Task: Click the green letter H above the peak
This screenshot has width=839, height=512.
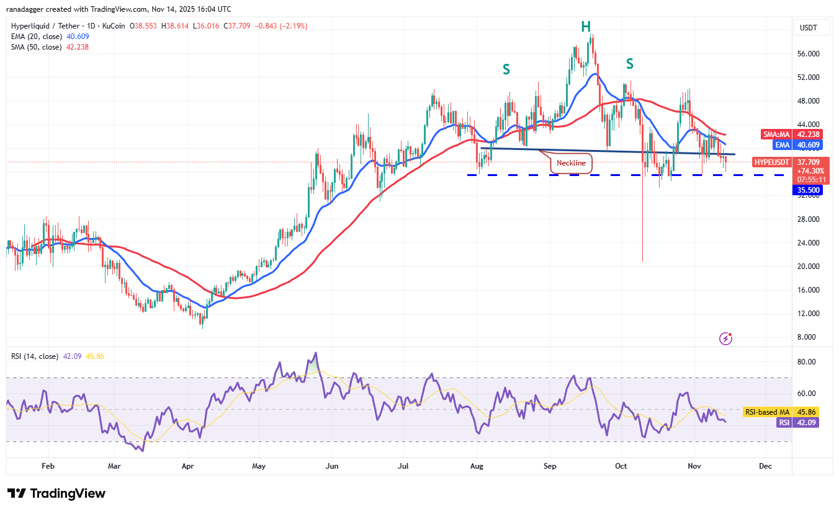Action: [585, 26]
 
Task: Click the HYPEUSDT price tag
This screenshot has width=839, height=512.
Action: [772, 162]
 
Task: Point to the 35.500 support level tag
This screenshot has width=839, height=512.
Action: [807, 190]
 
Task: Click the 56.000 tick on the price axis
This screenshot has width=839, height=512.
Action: [809, 54]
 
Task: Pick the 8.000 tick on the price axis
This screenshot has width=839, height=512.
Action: [809, 337]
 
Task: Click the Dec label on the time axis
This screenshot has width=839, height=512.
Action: [765, 466]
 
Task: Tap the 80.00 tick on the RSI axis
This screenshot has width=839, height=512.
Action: [807, 362]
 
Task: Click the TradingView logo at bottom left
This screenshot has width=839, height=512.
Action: [56, 493]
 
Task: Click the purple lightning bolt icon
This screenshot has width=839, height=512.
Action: [725, 338]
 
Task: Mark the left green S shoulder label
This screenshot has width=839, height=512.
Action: [506, 69]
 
